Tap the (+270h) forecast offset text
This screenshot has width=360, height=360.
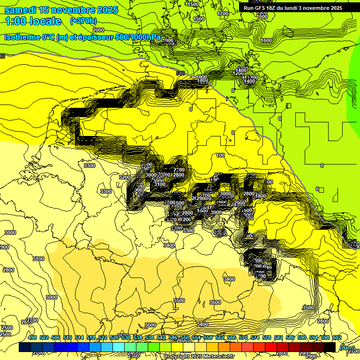(83, 21)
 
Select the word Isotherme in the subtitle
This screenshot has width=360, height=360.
(22, 37)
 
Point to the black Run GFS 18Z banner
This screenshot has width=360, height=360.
(292, 7)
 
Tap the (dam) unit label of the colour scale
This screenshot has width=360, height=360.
(346, 347)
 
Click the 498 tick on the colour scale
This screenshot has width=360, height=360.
(32, 337)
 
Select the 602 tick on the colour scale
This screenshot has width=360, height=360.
(337, 337)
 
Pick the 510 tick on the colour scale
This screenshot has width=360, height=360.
(67, 337)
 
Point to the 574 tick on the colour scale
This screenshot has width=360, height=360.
(255, 337)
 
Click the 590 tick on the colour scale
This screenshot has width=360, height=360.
(302, 337)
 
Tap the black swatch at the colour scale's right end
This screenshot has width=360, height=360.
(330, 347)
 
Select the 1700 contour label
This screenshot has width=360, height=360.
(223, 14)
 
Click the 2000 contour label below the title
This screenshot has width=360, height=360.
(98, 30)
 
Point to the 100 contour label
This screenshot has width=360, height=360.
(220, 155)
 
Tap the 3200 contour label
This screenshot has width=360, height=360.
(124, 177)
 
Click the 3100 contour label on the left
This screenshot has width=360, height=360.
(38, 259)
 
